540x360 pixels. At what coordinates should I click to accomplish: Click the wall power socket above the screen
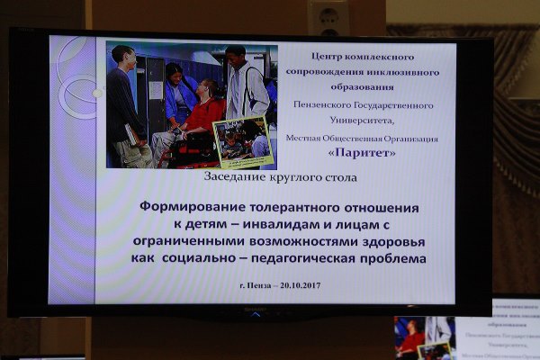[x=327, y=15]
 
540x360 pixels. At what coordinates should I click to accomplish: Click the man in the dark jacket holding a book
[x=125, y=103]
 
